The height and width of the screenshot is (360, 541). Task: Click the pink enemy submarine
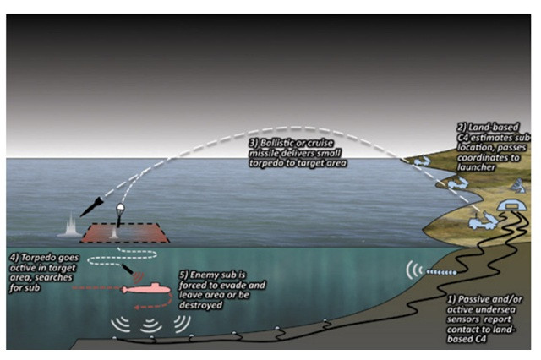click(x=146, y=289)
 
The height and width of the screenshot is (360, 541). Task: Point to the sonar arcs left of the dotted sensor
click(x=413, y=270)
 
